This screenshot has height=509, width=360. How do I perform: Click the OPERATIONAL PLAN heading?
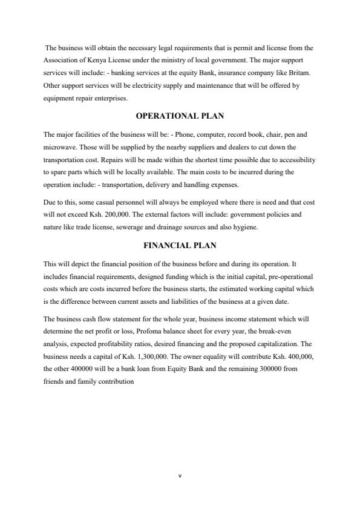(x=180, y=116)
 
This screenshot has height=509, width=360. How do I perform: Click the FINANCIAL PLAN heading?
(x=180, y=246)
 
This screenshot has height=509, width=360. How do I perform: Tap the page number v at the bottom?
(x=180, y=476)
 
